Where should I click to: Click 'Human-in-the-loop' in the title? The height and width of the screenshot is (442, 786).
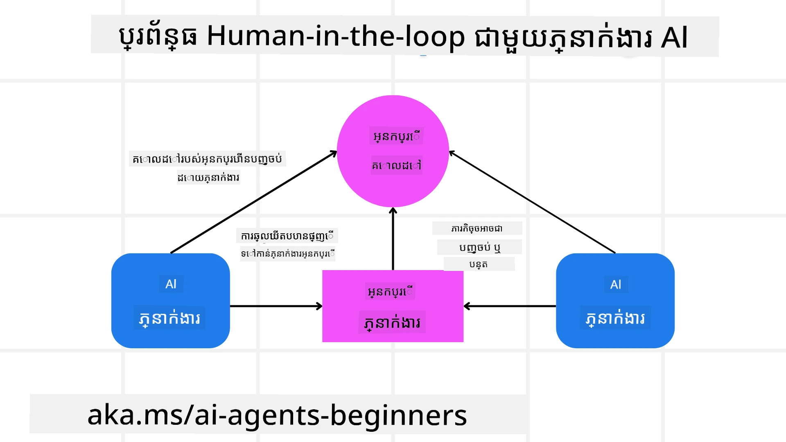(336, 37)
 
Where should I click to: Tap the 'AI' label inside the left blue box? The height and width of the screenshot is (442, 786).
(171, 284)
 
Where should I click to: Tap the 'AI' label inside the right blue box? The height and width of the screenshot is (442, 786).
(615, 284)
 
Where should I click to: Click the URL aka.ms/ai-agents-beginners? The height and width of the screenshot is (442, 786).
(277, 415)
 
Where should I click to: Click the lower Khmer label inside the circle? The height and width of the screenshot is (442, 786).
(396, 165)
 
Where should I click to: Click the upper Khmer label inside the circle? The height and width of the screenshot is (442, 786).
(396, 136)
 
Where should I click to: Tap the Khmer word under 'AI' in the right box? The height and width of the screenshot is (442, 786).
(615, 318)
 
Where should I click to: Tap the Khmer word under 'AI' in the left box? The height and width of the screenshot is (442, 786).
(169, 318)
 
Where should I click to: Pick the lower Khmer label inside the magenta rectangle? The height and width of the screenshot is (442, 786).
(392, 322)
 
